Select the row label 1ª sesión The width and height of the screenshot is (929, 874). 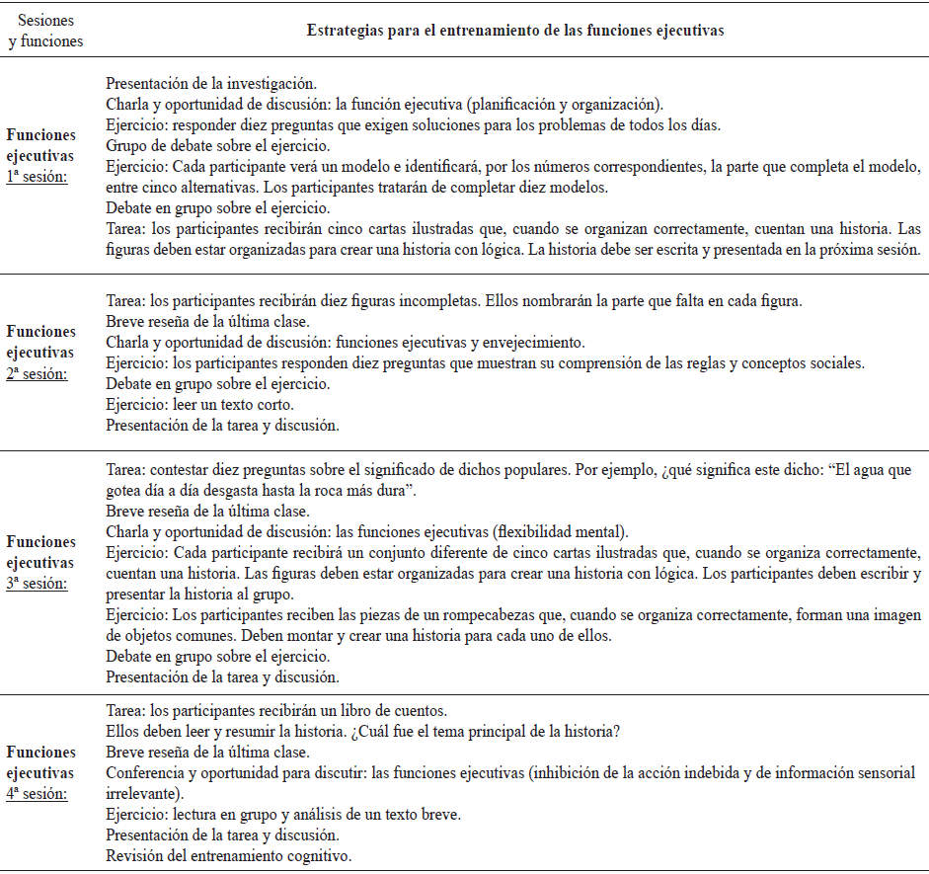pos(40,178)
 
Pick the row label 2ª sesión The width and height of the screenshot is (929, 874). pos(40,373)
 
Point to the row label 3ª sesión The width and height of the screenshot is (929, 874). pos(40,584)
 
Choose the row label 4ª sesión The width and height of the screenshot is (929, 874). pos(40,793)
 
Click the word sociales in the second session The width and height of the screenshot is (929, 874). pos(837,361)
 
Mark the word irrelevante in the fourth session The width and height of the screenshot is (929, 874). pos(142,792)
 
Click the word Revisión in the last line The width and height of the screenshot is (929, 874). pos(135,854)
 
